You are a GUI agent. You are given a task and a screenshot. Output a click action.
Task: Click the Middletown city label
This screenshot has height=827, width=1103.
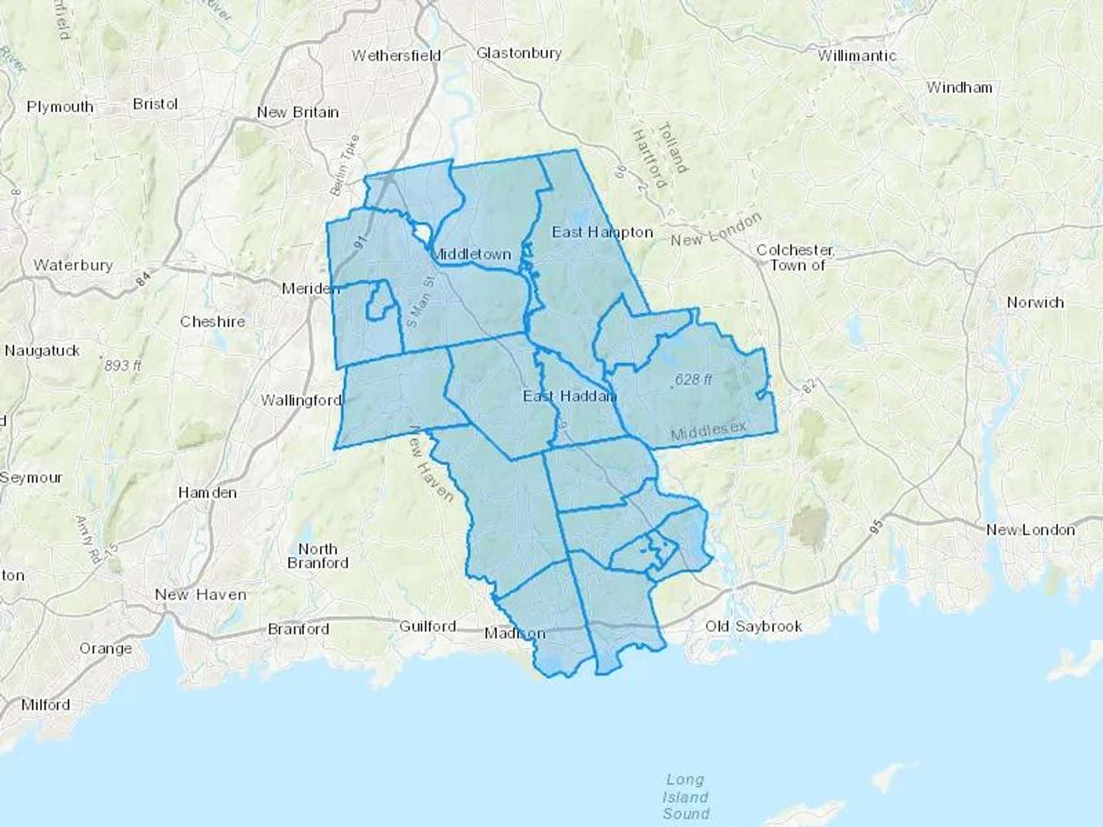click(x=471, y=254)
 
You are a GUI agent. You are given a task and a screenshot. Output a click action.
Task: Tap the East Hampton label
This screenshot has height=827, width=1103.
click(x=602, y=232)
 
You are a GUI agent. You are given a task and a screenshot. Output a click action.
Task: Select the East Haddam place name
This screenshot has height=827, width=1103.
click(x=569, y=396)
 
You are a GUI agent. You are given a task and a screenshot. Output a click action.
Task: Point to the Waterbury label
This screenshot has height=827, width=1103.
click(x=74, y=265)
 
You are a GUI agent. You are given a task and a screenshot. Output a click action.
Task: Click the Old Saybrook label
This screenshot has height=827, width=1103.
click(x=753, y=626)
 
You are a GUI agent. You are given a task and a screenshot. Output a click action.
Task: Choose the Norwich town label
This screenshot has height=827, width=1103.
click(x=1035, y=303)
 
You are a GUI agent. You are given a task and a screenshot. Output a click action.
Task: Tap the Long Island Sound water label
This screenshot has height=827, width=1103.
click(x=686, y=796)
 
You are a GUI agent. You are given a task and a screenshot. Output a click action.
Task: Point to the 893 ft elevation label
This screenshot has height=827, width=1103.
click(x=123, y=366)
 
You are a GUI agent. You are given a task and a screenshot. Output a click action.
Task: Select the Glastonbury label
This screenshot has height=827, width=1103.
click(x=518, y=53)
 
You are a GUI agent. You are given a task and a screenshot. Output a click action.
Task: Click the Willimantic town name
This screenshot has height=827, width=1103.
click(x=857, y=56)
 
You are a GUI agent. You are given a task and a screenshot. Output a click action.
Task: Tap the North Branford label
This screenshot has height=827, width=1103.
click(x=317, y=556)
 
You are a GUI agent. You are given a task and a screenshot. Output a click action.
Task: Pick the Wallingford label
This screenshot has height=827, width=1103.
click(x=301, y=401)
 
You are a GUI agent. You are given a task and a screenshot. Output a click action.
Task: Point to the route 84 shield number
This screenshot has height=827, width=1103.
click(x=143, y=279)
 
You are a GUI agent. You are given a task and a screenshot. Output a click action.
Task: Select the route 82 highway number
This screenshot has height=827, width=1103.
click(x=809, y=385)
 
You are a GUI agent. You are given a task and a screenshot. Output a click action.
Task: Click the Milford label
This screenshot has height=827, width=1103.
click(x=45, y=704)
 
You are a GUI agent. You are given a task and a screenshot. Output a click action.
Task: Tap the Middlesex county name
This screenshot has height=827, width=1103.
click(x=708, y=431)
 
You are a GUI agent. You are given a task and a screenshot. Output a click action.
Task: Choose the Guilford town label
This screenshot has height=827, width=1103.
click(x=427, y=626)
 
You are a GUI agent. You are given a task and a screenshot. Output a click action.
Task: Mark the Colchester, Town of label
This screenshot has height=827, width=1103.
click(x=795, y=257)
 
